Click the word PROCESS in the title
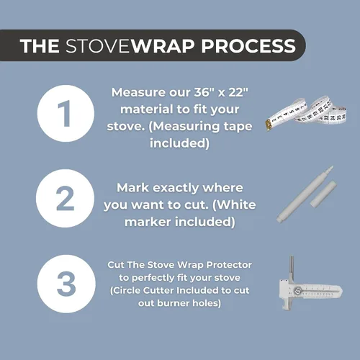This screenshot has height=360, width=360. pos(248,46)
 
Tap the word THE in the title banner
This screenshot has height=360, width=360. pos(40,46)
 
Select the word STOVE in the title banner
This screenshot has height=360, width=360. pos(99,46)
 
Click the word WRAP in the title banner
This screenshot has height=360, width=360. pos(163,46)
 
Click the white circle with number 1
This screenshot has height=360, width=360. pos(66,113)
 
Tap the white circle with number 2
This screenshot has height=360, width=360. pos(66,198)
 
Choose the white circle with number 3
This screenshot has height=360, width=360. pos(66,284)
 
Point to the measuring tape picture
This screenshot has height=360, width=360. pos(306,113)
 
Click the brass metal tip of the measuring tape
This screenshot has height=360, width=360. pos(267,125)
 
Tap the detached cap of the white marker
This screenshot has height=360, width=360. pos(323,194)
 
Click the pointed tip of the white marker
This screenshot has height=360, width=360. pos(331,167)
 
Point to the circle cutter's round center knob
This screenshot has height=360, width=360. pos(297,291)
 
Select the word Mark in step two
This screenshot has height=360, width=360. pos(132,188)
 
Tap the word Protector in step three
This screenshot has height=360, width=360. pos(229,265)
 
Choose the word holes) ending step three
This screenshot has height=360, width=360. pos(207,303)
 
